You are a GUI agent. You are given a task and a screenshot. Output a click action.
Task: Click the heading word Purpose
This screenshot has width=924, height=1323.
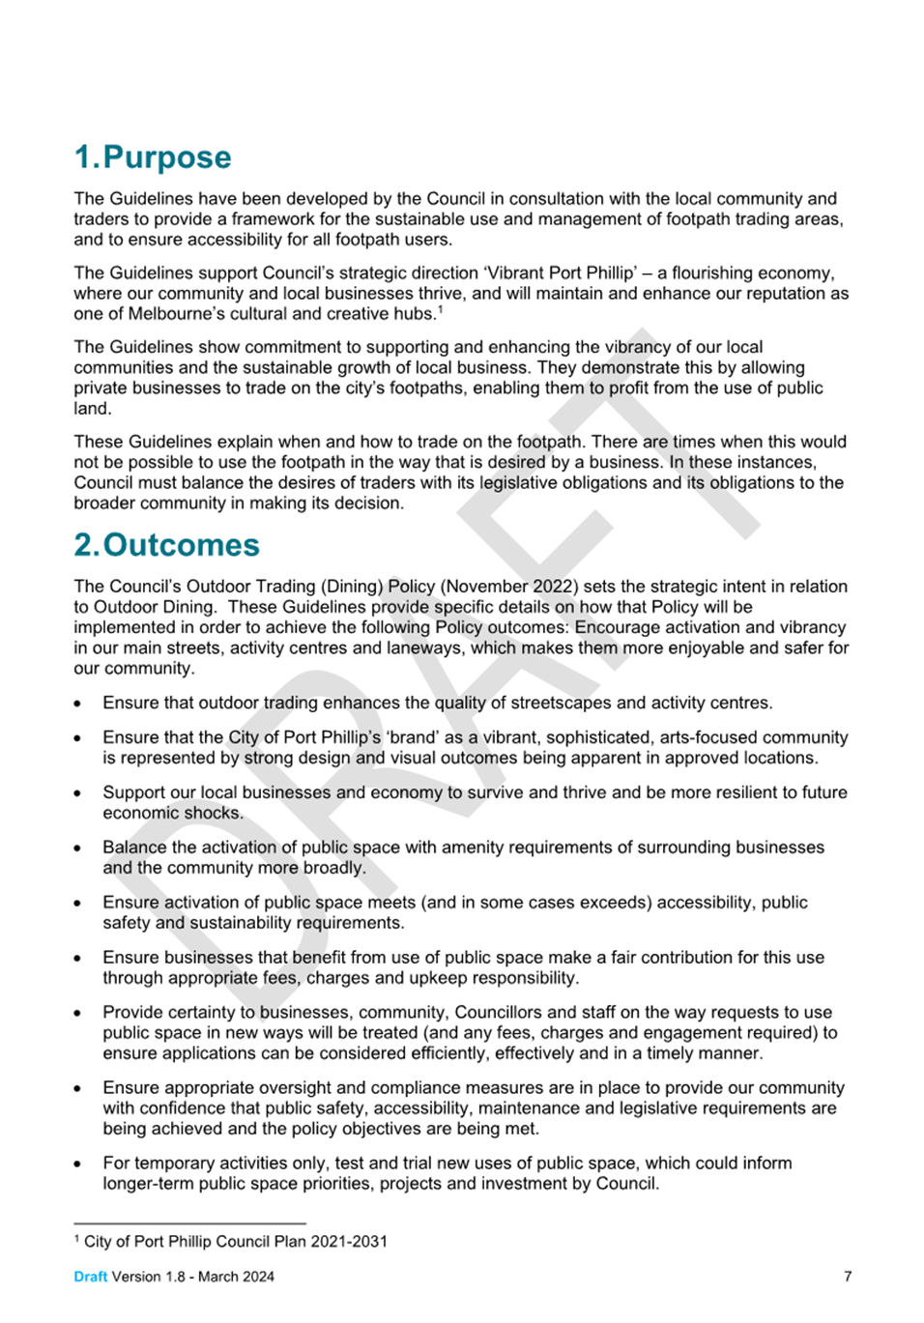coord(167,158)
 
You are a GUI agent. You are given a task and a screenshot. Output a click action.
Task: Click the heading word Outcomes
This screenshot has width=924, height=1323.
coord(182,545)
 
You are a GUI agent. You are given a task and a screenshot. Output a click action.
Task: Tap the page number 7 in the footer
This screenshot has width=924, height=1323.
coord(848,1277)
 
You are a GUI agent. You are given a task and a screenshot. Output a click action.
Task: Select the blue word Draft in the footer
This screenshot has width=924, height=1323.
coord(90,1277)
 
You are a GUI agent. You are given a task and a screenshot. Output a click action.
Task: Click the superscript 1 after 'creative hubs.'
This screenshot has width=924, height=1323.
coord(440,309)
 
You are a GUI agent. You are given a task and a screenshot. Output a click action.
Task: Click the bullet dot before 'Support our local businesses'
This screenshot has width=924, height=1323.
coord(77,793)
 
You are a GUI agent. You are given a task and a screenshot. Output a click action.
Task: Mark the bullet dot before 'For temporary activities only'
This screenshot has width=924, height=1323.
coord(77,1164)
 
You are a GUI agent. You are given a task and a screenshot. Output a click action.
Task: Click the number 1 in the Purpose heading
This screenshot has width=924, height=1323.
coord(83,158)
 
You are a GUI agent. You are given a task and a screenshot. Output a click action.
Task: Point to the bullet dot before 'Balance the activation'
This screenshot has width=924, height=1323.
coord(77,848)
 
